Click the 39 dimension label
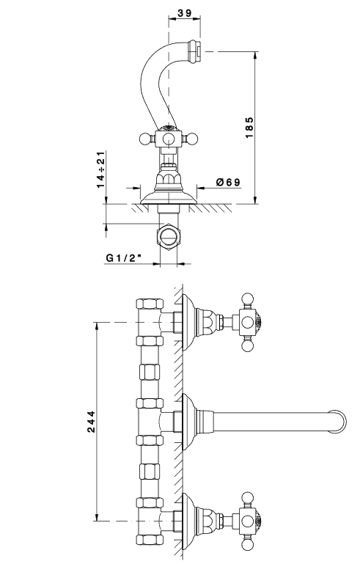185,13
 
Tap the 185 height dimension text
249,128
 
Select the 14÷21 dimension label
100,169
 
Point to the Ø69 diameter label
228,183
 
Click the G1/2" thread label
123,257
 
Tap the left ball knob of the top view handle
144,139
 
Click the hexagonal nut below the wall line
169,236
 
